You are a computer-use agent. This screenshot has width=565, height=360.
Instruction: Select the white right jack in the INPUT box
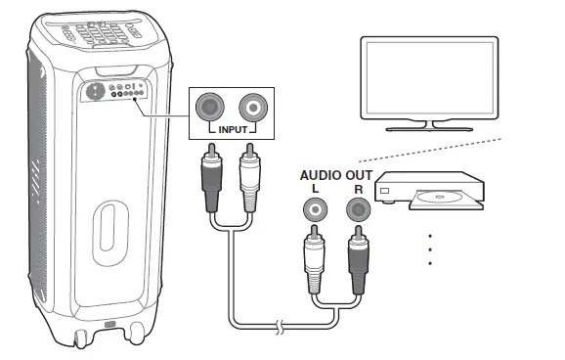(x=252, y=106)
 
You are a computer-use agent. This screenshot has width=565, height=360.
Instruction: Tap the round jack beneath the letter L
(x=316, y=209)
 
